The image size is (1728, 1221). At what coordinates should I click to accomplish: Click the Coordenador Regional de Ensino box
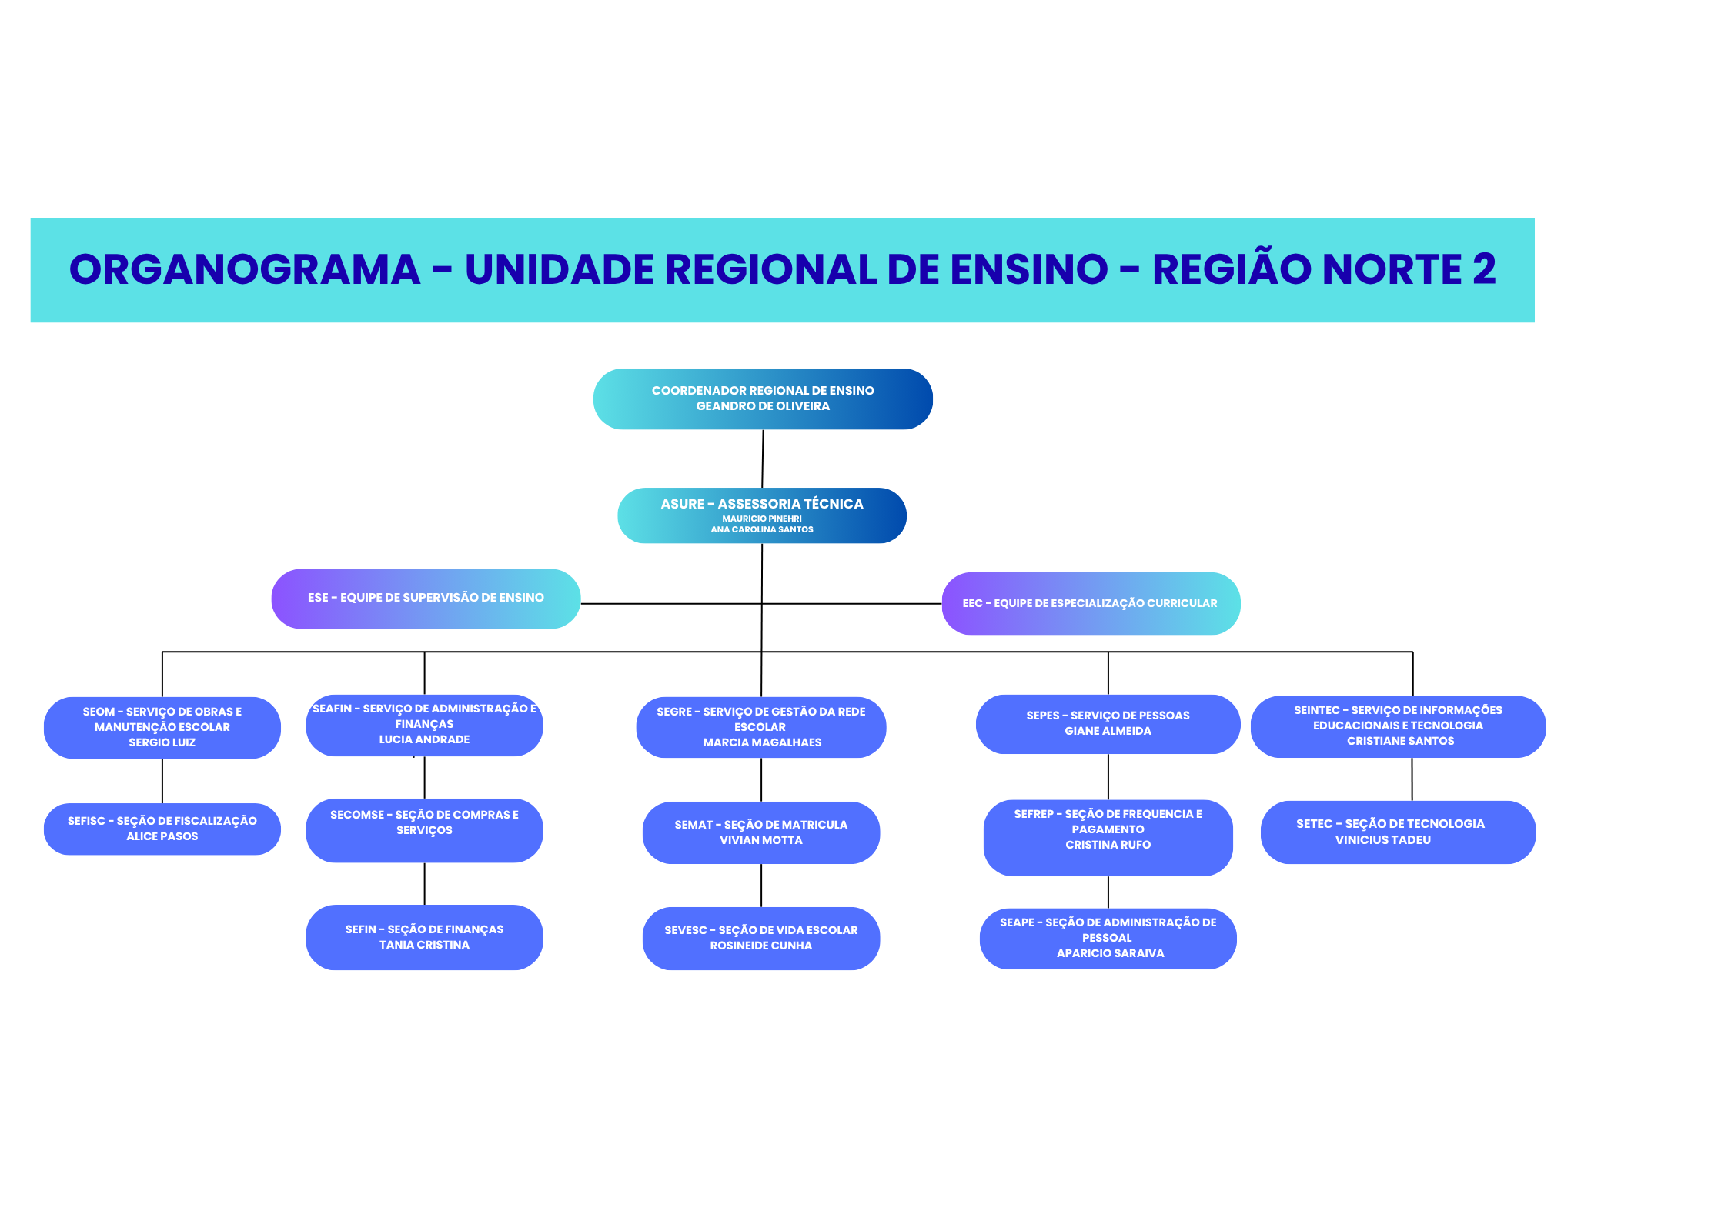(x=762, y=399)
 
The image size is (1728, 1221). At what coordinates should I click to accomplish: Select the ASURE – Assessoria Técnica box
(x=761, y=515)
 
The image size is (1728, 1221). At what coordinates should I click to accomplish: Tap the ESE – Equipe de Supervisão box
(x=426, y=599)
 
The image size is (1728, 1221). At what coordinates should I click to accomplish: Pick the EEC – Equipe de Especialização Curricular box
(x=1090, y=603)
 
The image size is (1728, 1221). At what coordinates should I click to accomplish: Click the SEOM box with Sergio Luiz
(x=162, y=727)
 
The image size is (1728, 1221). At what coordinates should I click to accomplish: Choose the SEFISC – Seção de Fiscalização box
(x=162, y=829)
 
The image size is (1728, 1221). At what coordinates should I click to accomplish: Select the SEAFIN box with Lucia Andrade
(x=424, y=725)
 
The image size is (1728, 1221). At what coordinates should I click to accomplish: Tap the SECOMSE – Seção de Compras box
(x=424, y=830)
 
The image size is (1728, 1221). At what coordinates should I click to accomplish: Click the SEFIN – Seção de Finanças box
(x=424, y=937)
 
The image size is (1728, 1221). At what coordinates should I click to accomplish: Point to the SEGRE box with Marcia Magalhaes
(x=760, y=727)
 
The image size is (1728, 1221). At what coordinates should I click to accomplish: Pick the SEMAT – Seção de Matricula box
(x=760, y=832)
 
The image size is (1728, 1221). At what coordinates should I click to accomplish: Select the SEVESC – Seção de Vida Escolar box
(x=760, y=938)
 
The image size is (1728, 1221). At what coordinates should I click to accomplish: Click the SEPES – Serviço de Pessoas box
(x=1108, y=724)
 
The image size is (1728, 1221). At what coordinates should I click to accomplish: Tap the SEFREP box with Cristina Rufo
(x=1108, y=837)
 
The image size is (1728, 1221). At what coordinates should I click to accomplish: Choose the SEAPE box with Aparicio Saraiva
(x=1108, y=938)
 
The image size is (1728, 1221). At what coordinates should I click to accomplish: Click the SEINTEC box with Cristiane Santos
(x=1398, y=726)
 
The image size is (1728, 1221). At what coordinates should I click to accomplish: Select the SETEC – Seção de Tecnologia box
(x=1397, y=832)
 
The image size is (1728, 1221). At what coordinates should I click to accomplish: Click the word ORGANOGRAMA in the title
(x=245, y=270)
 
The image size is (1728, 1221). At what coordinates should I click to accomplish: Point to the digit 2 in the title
(x=1484, y=270)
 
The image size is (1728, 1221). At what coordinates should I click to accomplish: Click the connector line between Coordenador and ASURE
(x=762, y=459)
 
